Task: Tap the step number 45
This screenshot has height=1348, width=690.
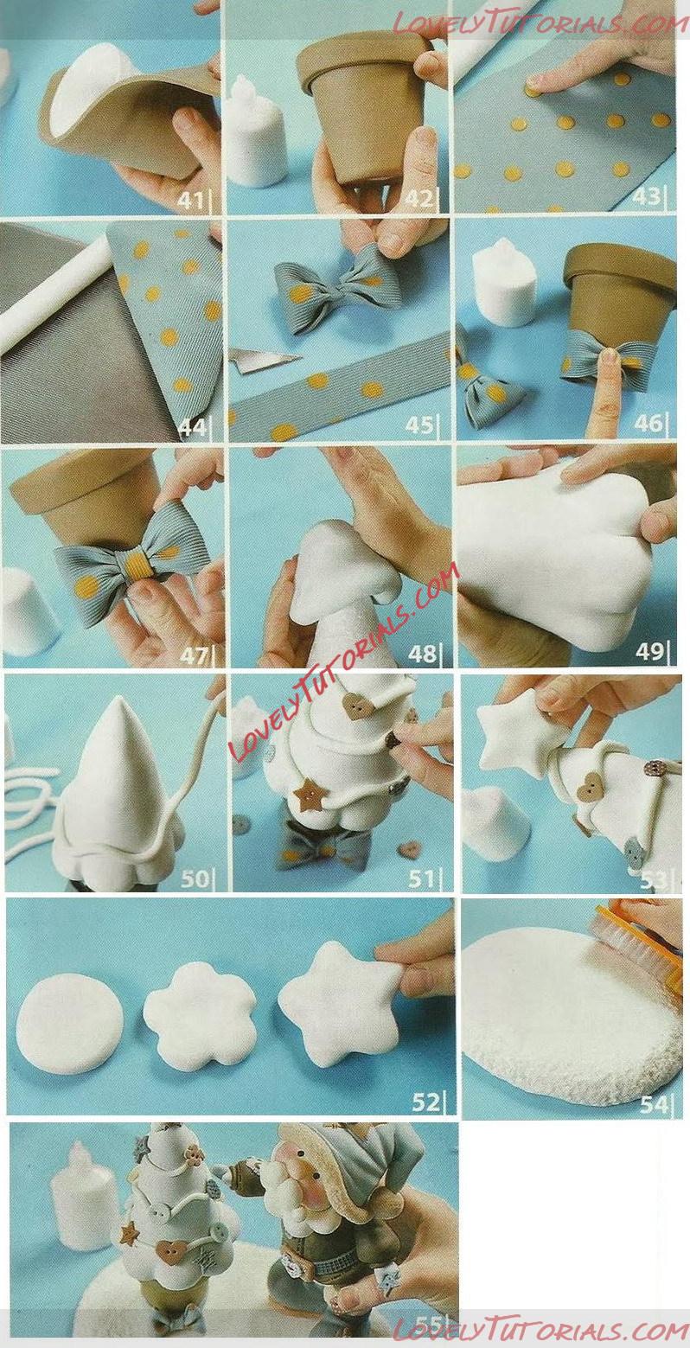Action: pyautogui.click(x=418, y=425)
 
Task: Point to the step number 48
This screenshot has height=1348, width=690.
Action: pyautogui.click(x=421, y=653)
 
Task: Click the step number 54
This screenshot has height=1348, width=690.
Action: pyautogui.click(x=653, y=1104)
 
